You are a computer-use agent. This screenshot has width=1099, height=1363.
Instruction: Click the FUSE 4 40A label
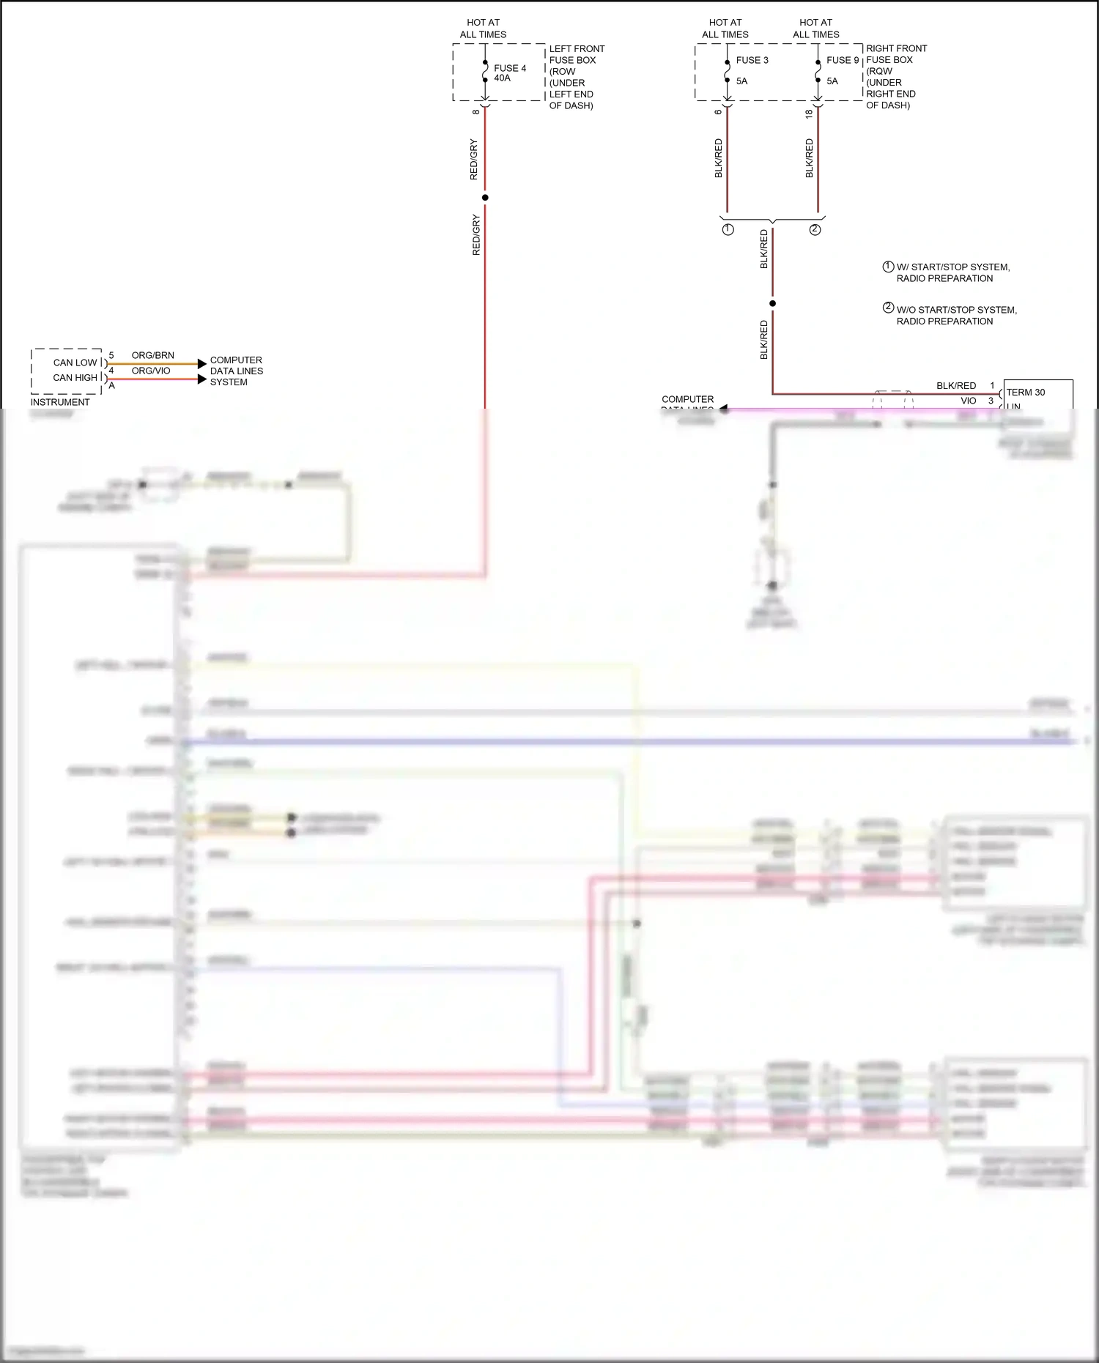(x=509, y=73)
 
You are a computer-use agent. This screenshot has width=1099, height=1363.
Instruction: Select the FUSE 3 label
(x=752, y=60)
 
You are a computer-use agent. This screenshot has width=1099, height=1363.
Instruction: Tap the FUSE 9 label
(x=842, y=60)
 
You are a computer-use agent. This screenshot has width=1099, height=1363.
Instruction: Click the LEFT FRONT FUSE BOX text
(x=576, y=54)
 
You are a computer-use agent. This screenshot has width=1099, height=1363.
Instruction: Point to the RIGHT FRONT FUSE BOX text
(x=895, y=54)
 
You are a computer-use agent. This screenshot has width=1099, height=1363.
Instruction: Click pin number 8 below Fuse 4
(x=476, y=111)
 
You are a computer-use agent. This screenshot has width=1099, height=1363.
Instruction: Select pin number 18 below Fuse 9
(x=808, y=114)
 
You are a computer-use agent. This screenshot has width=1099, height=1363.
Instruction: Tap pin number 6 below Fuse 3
(x=718, y=111)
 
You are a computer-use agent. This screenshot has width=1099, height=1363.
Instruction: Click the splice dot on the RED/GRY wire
(x=485, y=198)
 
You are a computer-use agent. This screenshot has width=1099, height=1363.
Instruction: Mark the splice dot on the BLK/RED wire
(x=772, y=303)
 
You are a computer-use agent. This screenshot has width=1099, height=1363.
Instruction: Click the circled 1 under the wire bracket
(x=728, y=230)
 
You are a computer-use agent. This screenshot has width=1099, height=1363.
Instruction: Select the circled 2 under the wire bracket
(x=815, y=230)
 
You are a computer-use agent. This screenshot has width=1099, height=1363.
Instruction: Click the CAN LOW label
(x=75, y=363)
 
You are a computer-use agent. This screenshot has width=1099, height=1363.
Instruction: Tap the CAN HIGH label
(x=75, y=378)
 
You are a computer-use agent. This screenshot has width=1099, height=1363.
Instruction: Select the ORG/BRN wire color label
(x=152, y=355)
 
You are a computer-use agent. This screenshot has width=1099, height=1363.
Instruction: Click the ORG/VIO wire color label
(x=150, y=371)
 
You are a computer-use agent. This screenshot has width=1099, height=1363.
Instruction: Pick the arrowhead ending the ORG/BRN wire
(x=202, y=364)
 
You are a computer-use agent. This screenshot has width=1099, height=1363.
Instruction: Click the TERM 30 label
(x=1025, y=393)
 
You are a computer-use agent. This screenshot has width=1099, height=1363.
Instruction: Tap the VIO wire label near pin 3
(x=968, y=401)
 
